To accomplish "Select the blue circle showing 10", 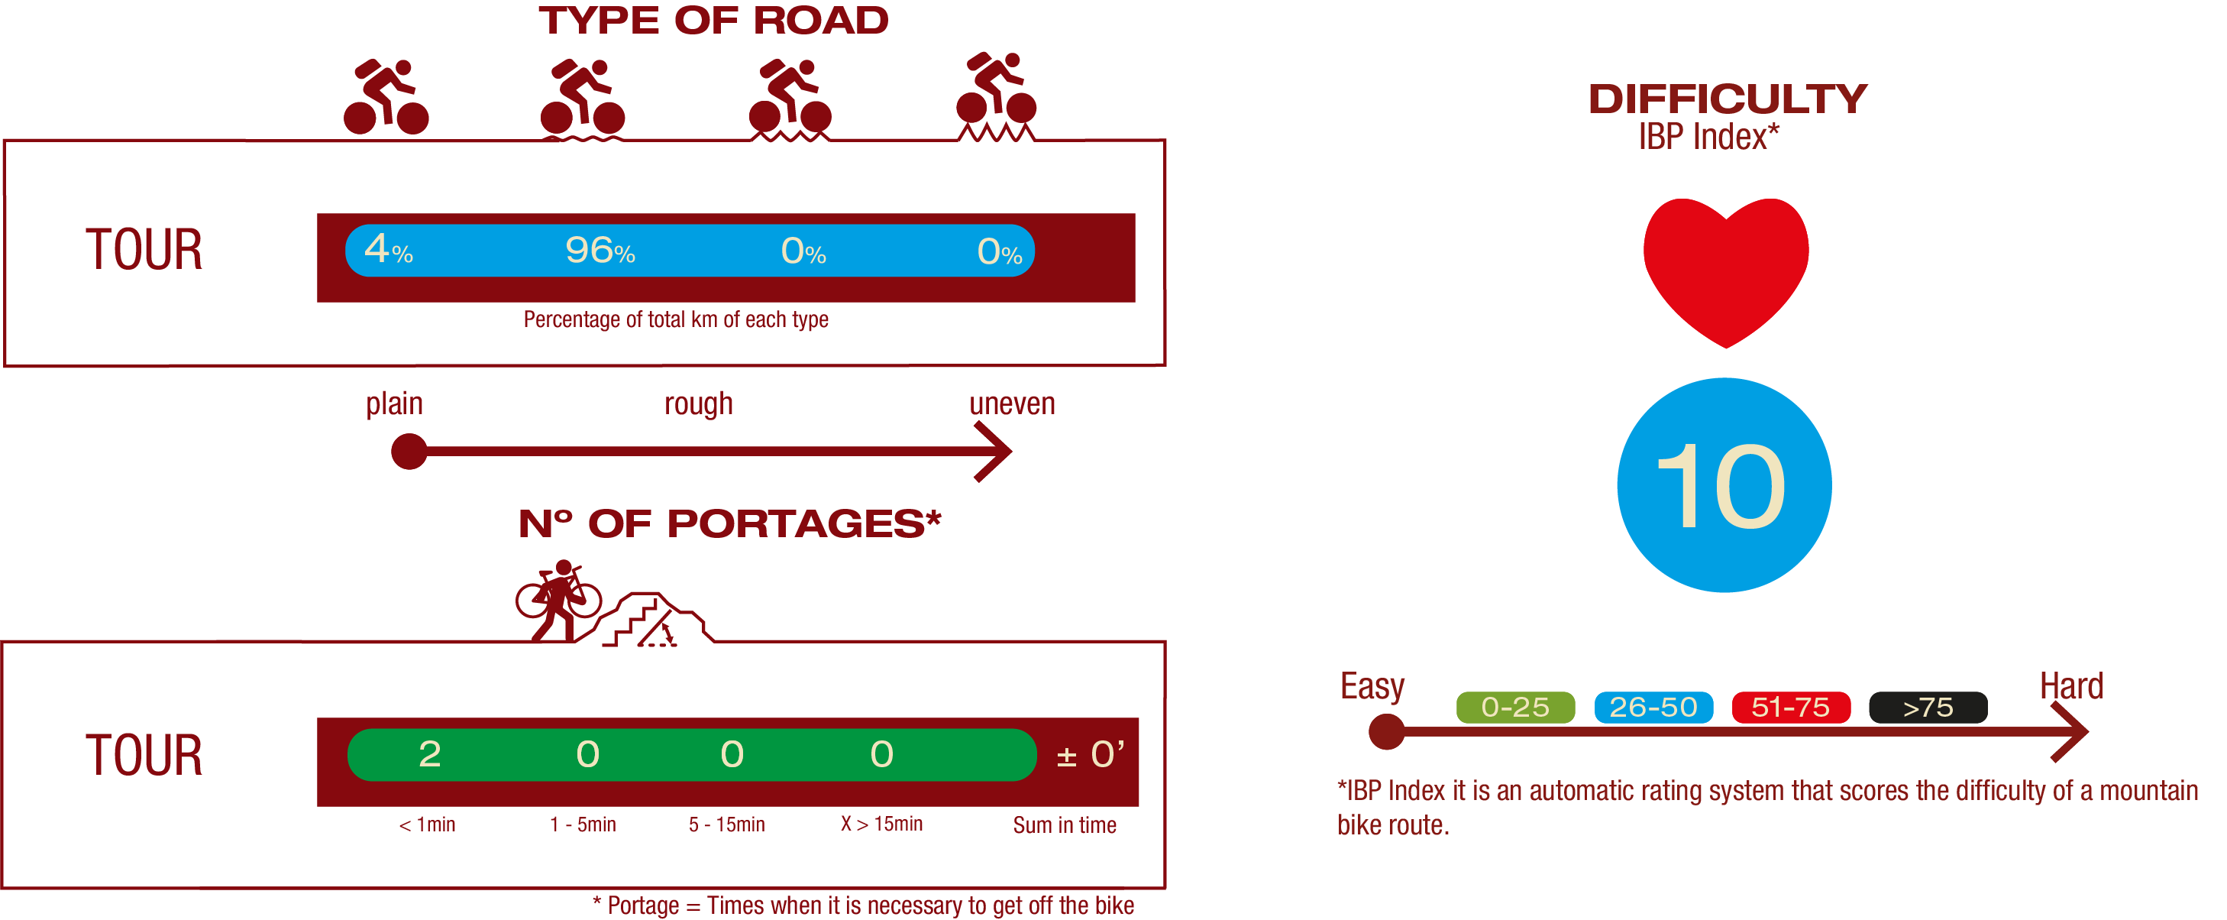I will coord(1724,485).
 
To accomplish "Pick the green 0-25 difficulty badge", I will coord(1514,708).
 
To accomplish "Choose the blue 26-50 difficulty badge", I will coord(1653,708).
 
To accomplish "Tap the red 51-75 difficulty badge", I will coord(1790,708).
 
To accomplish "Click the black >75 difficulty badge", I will coord(1928,708).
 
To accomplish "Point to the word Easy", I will coord(1372,686).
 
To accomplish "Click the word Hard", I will coord(2070,686).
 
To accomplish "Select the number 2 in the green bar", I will coord(430,754).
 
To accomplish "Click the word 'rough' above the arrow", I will coord(699,403).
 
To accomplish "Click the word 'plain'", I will coord(394,403).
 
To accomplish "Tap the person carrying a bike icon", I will coord(558,600).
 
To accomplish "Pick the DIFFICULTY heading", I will coord(1728,99).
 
